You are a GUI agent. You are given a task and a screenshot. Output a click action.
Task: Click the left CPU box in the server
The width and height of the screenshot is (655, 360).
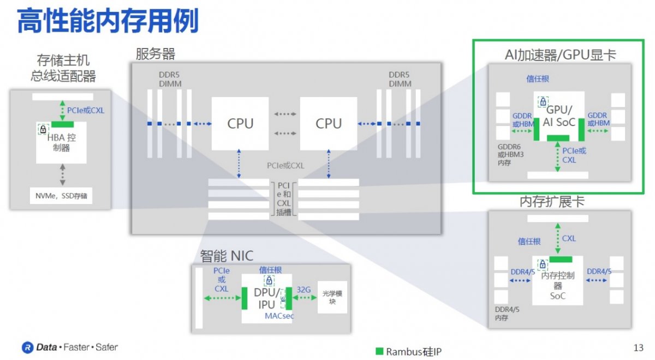240,124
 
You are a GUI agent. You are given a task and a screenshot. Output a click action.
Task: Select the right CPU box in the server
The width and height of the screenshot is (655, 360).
329,124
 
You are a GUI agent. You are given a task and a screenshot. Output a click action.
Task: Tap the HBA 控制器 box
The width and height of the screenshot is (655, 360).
61,142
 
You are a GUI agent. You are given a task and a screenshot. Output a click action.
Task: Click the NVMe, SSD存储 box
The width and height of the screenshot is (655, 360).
61,196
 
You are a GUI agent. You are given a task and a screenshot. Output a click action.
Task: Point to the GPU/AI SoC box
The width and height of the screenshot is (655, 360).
559,116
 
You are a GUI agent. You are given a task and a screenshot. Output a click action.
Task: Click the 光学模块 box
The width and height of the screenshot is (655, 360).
332,297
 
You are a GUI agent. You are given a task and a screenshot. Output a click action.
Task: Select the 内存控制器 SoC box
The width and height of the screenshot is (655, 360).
558,280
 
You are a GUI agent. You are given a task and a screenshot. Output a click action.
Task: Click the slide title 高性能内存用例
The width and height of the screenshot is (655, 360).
108,21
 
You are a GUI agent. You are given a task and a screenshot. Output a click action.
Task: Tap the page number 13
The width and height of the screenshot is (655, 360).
638,348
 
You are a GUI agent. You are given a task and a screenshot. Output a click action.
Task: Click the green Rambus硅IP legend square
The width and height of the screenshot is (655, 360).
379,351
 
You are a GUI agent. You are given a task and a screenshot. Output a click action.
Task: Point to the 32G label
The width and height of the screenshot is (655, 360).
303,290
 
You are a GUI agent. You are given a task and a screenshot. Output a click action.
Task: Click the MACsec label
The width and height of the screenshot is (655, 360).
279,316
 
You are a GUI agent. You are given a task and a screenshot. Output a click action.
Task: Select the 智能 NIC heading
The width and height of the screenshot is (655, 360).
227,256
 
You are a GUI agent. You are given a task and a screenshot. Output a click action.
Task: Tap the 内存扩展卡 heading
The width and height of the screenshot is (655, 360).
552,202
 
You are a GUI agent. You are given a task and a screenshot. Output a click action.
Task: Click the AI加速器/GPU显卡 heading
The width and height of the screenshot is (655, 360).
560,55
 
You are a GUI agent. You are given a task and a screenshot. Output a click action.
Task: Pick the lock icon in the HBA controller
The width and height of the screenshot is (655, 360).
43,129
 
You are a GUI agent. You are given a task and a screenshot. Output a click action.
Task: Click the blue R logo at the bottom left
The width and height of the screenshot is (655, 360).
28,347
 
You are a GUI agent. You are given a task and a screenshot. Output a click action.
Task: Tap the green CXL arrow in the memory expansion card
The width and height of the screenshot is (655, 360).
558,238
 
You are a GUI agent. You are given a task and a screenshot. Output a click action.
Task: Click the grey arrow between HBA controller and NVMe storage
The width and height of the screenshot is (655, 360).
63,175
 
